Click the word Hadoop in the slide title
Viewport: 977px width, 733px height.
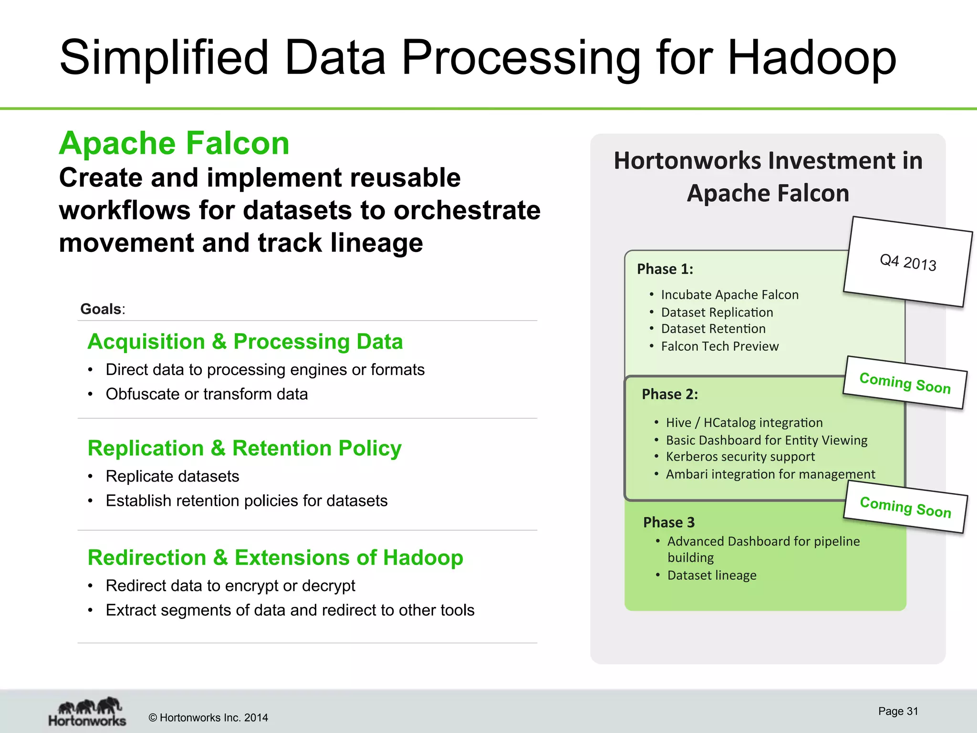click(x=811, y=58)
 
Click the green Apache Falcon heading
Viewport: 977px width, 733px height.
click(x=174, y=143)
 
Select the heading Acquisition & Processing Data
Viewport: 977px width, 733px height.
click(x=245, y=342)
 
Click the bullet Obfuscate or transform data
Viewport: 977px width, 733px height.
click(x=207, y=394)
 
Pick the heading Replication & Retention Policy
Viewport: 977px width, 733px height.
click(x=244, y=448)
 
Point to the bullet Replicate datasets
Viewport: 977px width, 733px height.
click(x=172, y=476)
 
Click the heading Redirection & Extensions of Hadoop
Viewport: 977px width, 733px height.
click(x=275, y=557)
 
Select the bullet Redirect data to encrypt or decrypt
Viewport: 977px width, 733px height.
click(x=230, y=586)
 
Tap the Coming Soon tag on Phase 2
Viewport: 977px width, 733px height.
click(x=905, y=383)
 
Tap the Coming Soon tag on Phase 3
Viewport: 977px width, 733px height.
click(x=905, y=507)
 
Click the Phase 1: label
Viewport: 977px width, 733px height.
click(x=665, y=269)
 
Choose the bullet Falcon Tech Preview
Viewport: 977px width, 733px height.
click(x=719, y=346)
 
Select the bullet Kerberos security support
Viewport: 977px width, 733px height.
click(x=740, y=457)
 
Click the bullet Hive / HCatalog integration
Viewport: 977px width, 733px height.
click(x=744, y=423)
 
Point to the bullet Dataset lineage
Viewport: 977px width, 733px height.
click(x=712, y=576)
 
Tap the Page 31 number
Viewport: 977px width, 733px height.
click(x=898, y=711)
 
